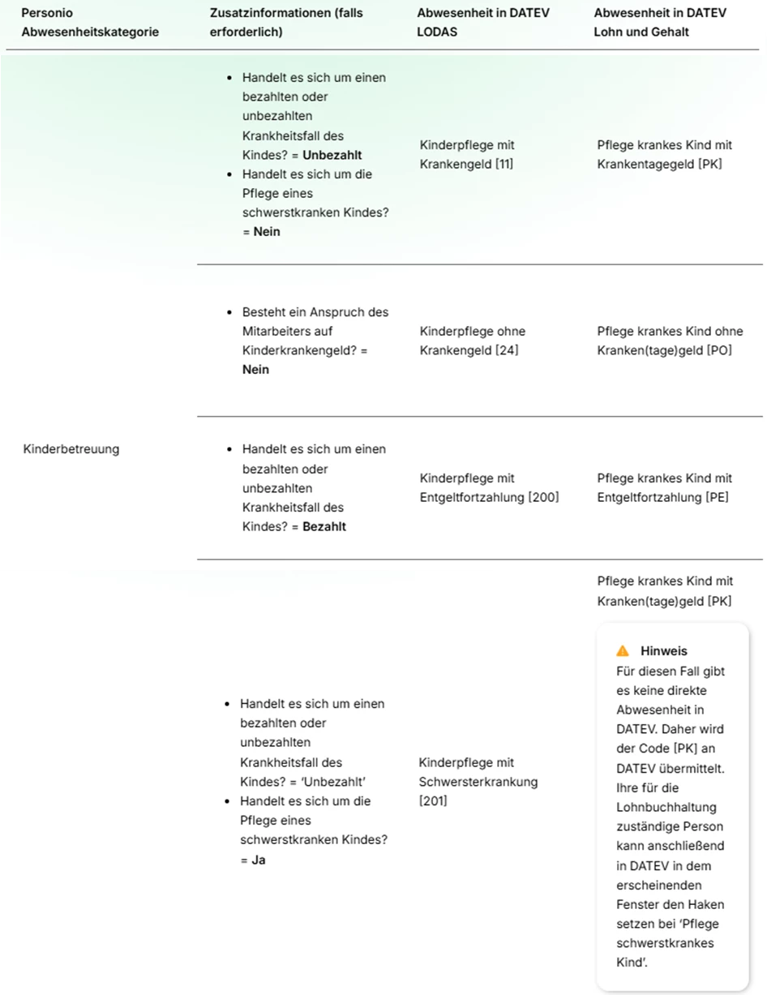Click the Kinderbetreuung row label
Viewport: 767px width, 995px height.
point(71,449)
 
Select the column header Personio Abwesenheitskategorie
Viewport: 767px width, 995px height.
point(89,23)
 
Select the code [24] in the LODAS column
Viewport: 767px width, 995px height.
point(506,351)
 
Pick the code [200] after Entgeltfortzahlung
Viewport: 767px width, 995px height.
point(543,498)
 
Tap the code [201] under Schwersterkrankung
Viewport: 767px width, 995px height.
point(432,801)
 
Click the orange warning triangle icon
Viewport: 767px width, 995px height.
point(622,651)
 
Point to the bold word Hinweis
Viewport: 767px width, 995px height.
point(663,651)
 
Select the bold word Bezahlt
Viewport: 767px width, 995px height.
point(324,527)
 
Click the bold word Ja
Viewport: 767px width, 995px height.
point(258,860)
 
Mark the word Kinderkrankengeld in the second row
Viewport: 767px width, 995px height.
point(296,351)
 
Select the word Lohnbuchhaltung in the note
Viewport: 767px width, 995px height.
point(659,808)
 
